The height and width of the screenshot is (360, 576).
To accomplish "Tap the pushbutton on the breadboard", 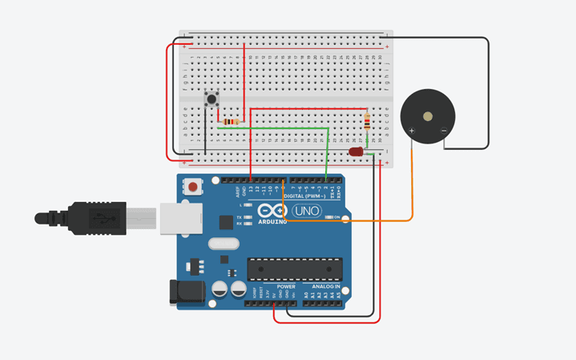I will (212, 100).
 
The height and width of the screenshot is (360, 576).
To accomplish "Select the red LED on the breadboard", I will (356, 152).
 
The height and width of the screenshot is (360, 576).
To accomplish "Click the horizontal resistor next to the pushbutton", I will (232, 121).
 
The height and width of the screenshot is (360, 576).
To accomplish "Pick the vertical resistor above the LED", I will (367, 122).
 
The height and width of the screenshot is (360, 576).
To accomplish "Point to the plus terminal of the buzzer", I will (412, 130).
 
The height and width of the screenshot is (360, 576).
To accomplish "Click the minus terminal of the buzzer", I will (444, 130).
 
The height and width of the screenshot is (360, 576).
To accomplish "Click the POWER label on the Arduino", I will (286, 286).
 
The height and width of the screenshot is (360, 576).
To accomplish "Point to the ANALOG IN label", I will (326, 286).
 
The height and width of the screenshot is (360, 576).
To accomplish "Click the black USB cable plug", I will (88, 217).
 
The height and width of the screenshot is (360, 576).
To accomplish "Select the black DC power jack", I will (183, 291).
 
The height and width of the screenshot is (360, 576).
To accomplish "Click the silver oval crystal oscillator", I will (224, 243).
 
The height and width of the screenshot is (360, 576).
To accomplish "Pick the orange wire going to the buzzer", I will (412, 184).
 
